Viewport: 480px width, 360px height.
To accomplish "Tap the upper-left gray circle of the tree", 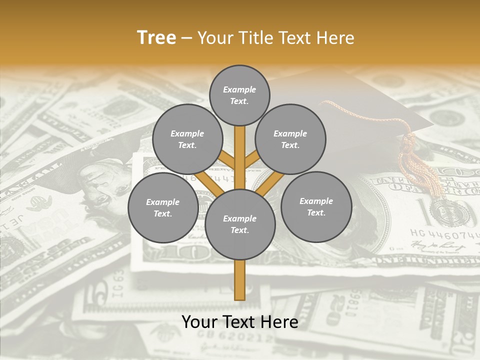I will pos(187,138).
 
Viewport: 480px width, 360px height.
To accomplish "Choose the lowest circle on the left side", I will pos(163,207).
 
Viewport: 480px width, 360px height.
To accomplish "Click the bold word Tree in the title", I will pos(156,37).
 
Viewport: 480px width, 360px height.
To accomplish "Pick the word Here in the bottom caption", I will pos(280,322).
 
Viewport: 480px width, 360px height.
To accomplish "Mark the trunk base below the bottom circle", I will pos(240,282).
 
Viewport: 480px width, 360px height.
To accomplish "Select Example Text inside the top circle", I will pos(239,95).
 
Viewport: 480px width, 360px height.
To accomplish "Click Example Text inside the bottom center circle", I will pos(240,224).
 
